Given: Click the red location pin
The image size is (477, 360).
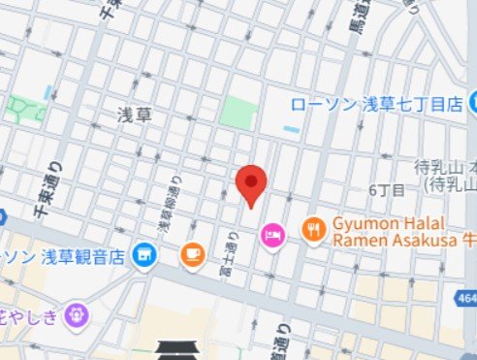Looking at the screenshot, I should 252,182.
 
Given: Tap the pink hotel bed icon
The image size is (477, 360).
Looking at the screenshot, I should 273,234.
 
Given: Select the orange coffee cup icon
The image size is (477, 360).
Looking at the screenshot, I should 192,255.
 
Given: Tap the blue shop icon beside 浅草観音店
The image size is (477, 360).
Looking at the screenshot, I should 144,255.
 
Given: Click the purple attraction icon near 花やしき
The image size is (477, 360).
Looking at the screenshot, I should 76,313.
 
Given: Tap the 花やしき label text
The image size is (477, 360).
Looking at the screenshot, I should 29,313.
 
